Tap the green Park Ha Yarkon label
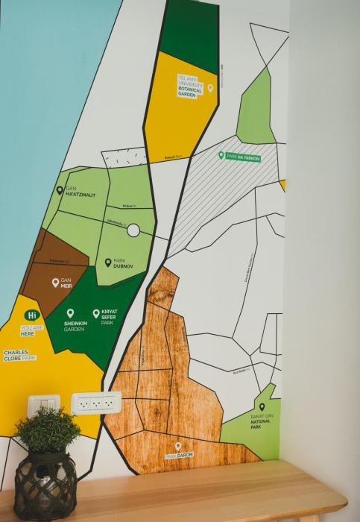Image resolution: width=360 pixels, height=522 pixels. point(240,155)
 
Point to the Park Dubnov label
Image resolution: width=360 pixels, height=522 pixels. point(122,262)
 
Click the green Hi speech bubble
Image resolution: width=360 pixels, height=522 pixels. point(31,315)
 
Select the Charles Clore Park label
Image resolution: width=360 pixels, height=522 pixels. point(19,355)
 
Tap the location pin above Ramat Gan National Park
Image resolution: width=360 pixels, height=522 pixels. point(262,407)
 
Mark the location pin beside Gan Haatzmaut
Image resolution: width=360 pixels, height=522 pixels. point(60,190)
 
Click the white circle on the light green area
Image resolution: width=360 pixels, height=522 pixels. point(133,230)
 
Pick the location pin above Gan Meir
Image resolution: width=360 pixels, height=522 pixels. point(55,283)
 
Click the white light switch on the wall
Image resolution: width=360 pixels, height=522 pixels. point(44,406)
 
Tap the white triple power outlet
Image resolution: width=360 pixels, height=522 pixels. point(95,403)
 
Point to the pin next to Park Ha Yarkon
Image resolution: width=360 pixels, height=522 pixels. point(221,155)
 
